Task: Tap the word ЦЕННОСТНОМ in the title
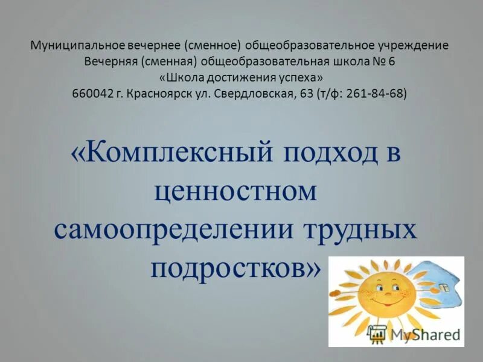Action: click(235, 191)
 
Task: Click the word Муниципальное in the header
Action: click(75, 46)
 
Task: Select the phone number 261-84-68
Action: click(376, 94)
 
